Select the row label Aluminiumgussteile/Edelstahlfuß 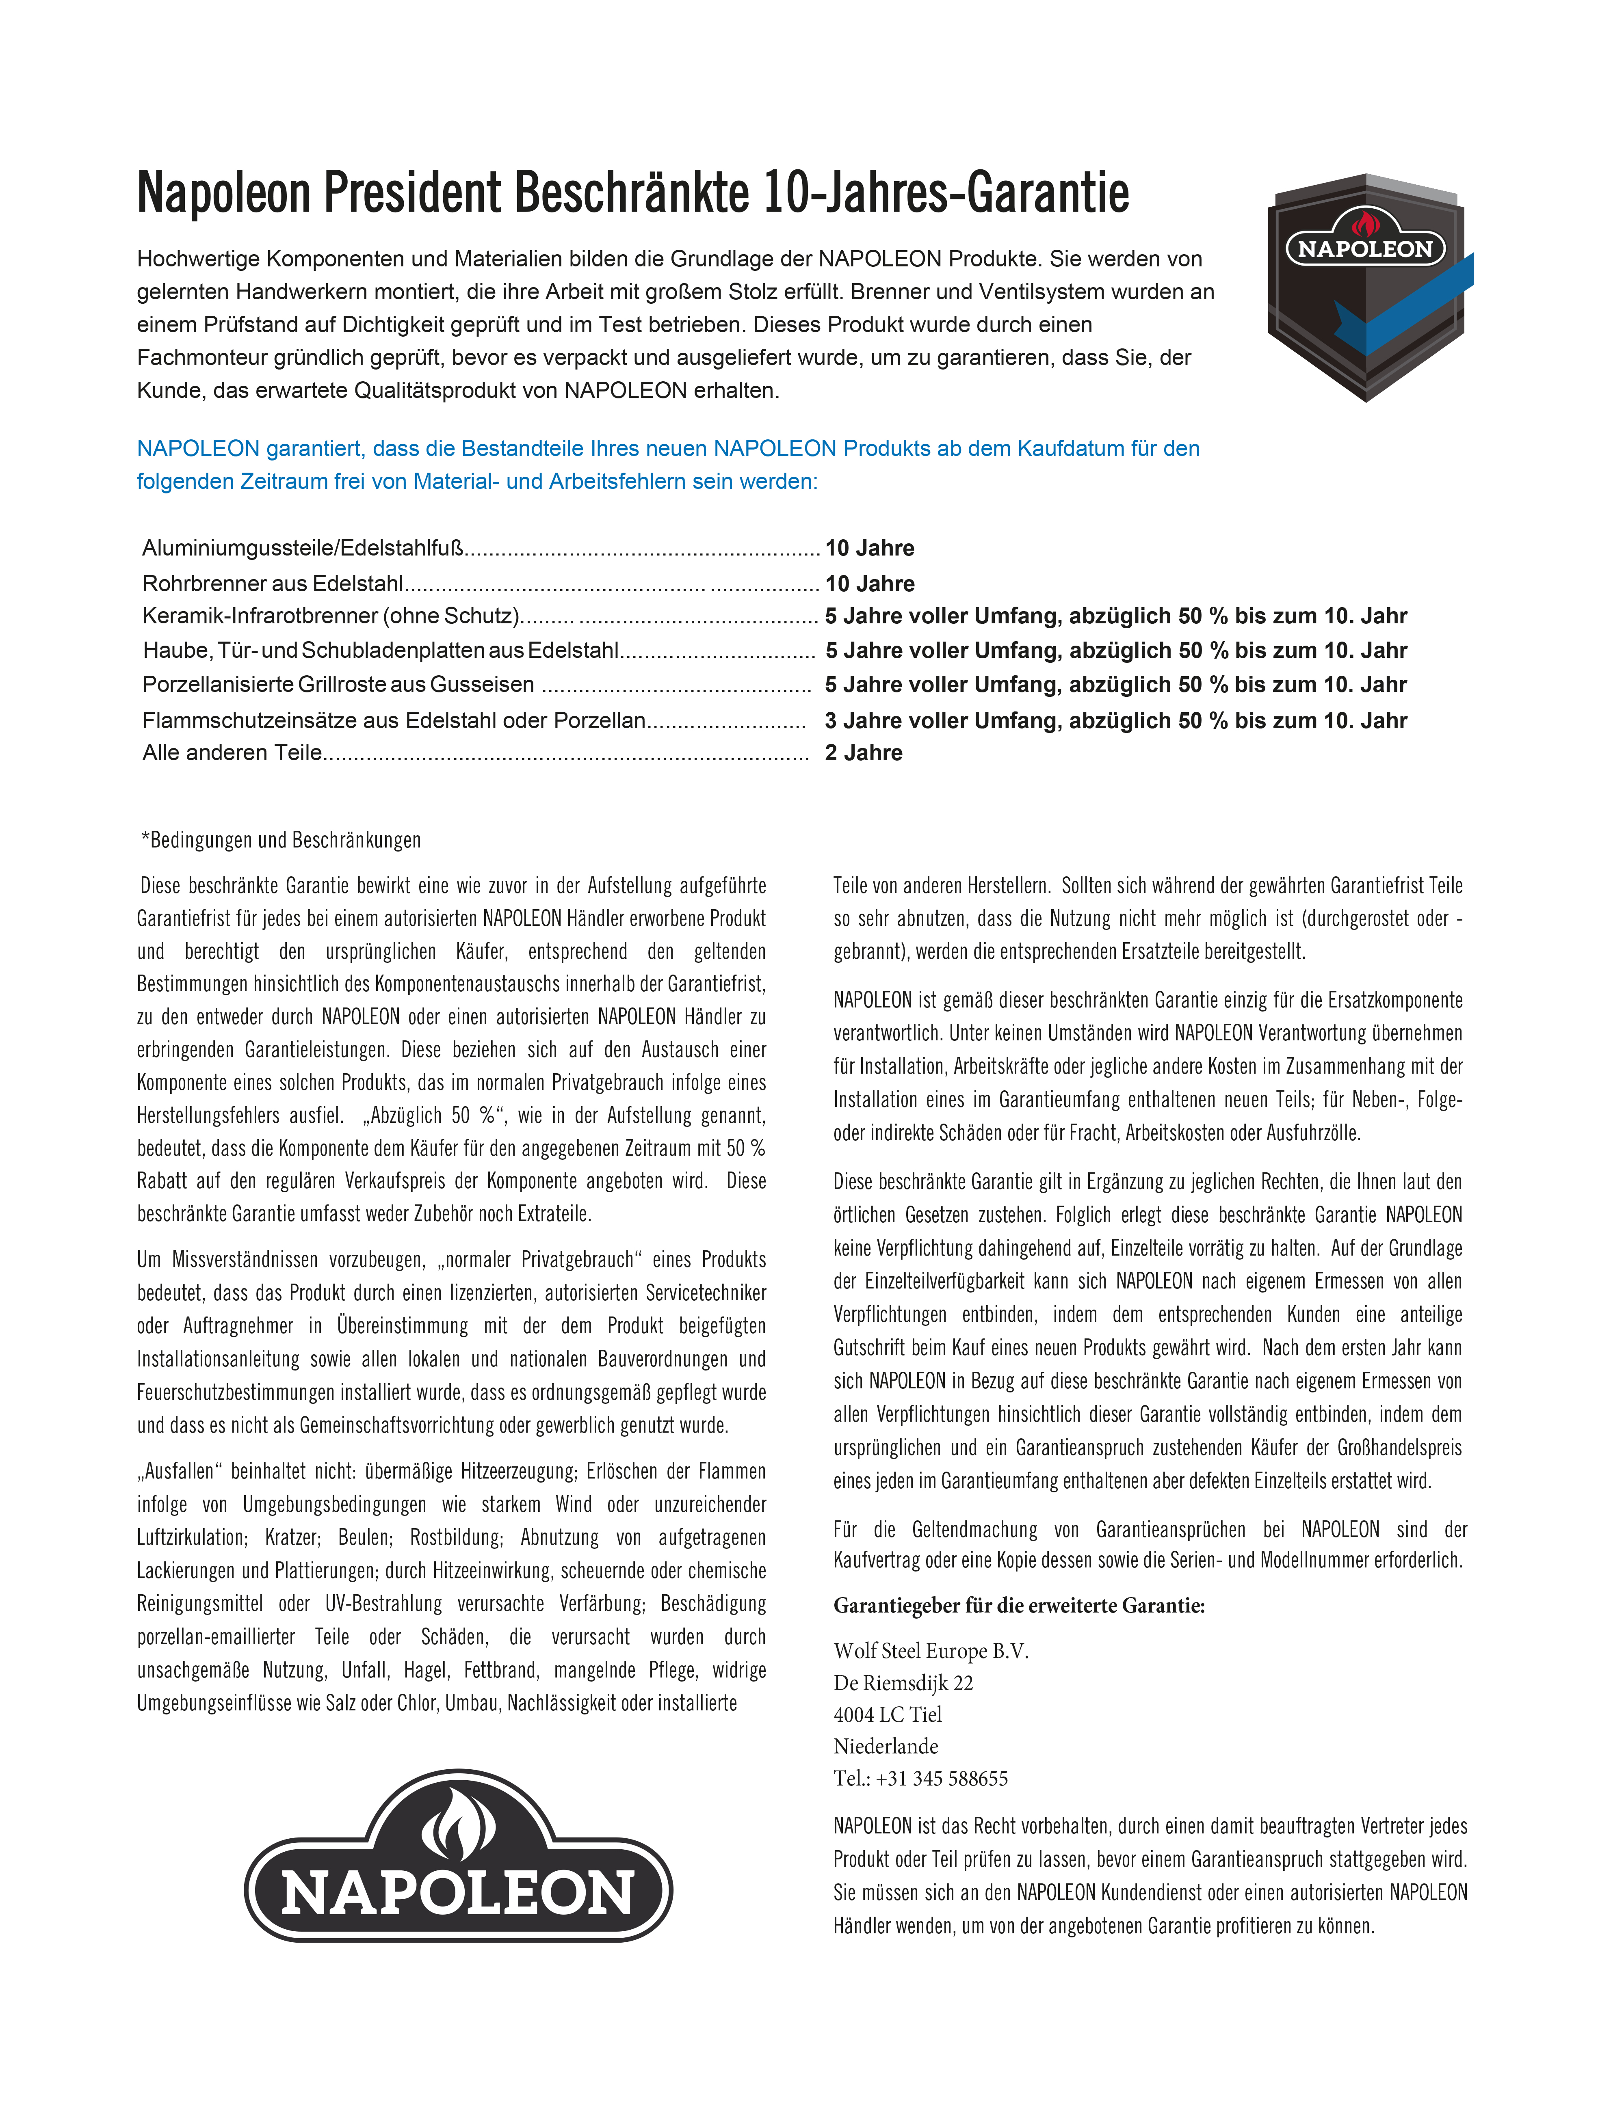click(303, 548)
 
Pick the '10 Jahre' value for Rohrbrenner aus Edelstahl click(870, 584)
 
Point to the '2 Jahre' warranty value click(863, 752)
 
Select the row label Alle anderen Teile click(232, 752)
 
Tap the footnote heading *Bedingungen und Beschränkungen click(281, 840)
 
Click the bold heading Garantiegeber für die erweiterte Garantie click(1018, 1605)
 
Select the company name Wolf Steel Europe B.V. click(930, 1650)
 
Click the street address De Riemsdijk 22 click(903, 1682)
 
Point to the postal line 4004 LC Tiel click(887, 1714)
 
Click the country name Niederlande click(885, 1746)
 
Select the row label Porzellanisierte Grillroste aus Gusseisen click(338, 685)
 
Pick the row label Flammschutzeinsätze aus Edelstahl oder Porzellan click(393, 720)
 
